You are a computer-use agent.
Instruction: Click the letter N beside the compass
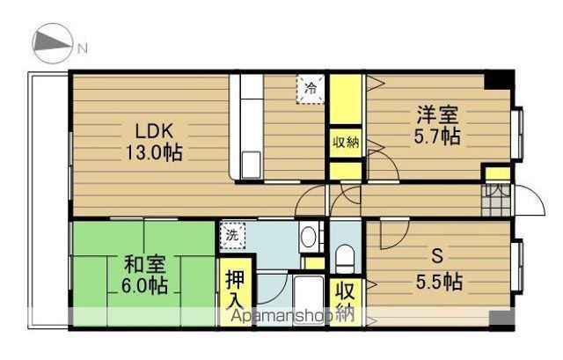(x=82, y=48)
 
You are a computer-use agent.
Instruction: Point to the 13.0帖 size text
(x=153, y=152)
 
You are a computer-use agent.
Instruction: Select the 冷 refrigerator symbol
(x=310, y=88)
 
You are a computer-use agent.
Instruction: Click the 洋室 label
(x=437, y=115)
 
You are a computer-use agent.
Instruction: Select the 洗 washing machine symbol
(x=232, y=236)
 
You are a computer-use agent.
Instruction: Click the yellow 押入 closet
(x=234, y=291)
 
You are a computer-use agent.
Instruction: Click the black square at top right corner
(x=499, y=80)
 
